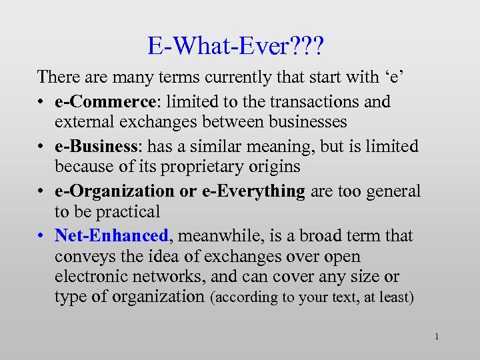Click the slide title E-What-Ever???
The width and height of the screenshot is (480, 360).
point(240,46)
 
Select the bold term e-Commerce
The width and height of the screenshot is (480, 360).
point(109,101)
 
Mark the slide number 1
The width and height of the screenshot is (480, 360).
point(436,337)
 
